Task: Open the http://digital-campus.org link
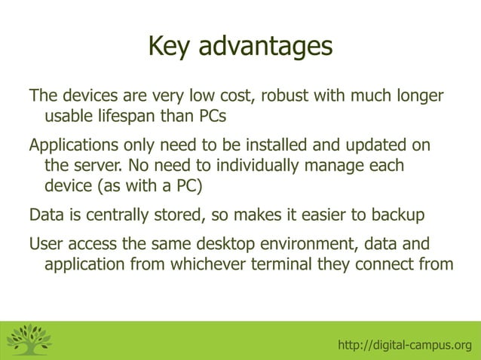pos(405,345)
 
